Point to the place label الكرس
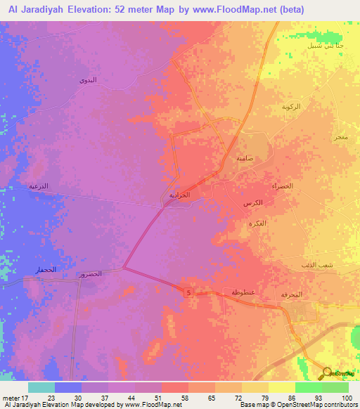point(256,202)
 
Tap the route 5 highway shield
point(189,292)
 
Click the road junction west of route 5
point(124,268)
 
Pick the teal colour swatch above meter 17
point(41,387)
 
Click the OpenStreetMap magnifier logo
point(326,372)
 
